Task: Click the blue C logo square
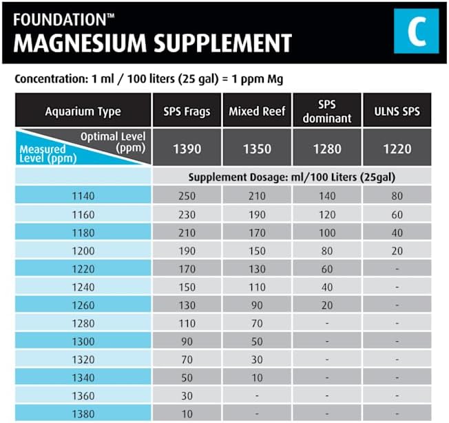pyautogui.click(x=416, y=31)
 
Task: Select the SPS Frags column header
pyautogui.click(x=187, y=111)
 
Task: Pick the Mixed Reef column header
pyautogui.click(x=257, y=111)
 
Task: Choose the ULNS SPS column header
pyautogui.click(x=397, y=111)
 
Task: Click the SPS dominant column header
pyautogui.click(x=327, y=111)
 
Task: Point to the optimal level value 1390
pyautogui.click(x=187, y=149)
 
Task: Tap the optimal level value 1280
pyautogui.click(x=327, y=149)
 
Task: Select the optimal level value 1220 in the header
pyautogui.click(x=397, y=149)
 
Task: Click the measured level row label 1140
pyautogui.click(x=83, y=196)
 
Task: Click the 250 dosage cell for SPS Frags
pyautogui.click(x=187, y=196)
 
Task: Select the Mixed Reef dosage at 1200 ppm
pyautogui.click(x=257, y=250)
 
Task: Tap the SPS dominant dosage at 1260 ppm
pyautogui.click(x=327, y=303)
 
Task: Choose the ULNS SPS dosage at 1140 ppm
pyautogui.click(x=397, y=196)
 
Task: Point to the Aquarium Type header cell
pyautogui.click(x=83, y=111)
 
